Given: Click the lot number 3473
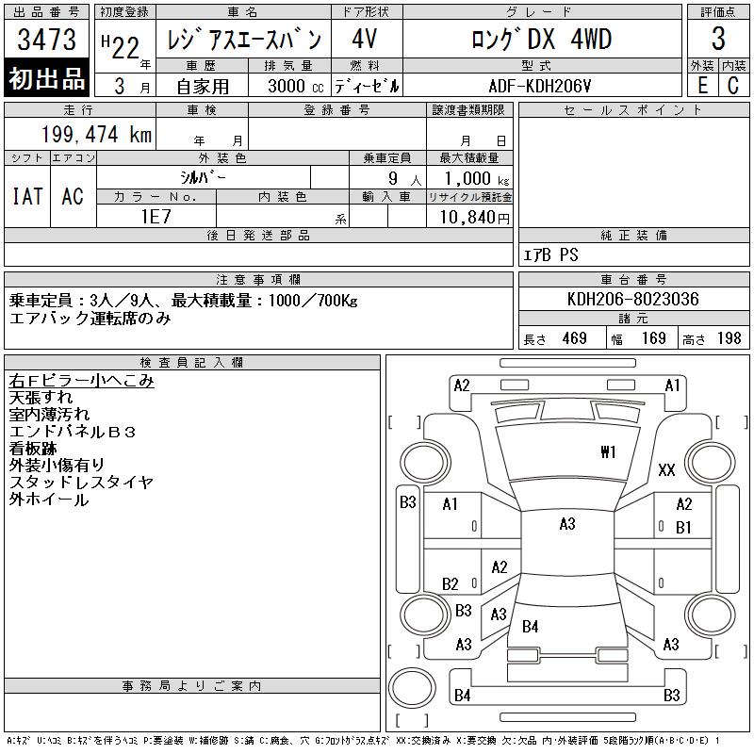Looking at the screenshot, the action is click(x=46, y=40).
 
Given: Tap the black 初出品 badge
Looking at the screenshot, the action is click(x=46, y=78).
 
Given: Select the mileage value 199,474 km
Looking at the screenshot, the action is click(x=96, y=134).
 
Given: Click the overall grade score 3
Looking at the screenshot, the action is click(x=718, y=39).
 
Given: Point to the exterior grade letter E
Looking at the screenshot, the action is click(x=702, y=86).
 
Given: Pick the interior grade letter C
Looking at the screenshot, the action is click(x=733, y=86).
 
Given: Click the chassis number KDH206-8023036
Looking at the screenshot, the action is click(x=632, y=299).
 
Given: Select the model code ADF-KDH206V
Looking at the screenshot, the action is click(x=539, y=86).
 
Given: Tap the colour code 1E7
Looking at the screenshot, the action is click(x=156, y=217).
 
